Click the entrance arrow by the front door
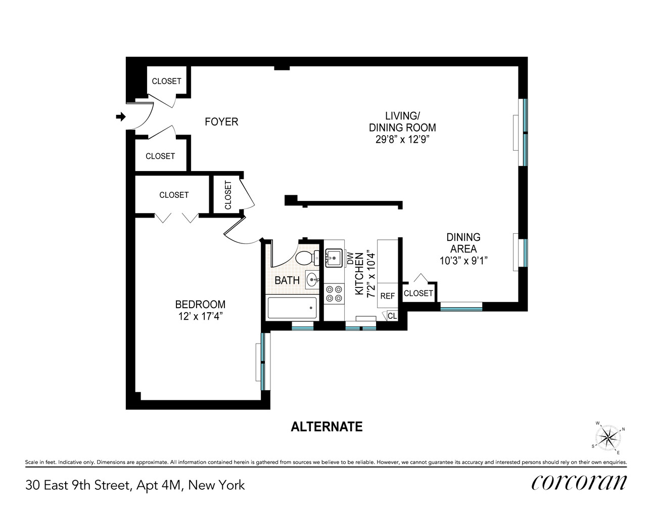coord(120,117)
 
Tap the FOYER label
coord(221,122)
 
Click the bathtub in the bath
coord(292,308)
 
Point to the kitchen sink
coord(334,258)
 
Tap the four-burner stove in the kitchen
coord(334,293)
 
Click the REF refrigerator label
coord(387,296)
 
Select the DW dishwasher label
coord(350,259)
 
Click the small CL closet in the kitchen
coord(392,316)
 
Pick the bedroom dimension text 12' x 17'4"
coord(200,316)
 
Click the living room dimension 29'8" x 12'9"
coord(402,140)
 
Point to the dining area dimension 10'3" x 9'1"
coord(463,261)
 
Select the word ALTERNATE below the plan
coord(326,427)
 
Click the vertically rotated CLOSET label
coord(227,195)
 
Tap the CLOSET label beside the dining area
coord(418,293)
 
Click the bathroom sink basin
coord(312,278)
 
